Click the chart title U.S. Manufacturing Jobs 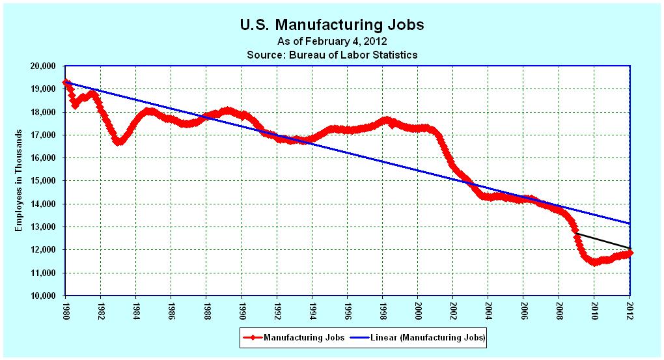(332, 25)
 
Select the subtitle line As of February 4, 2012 (332, 42)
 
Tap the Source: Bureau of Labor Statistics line (332, 55)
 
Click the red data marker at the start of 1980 (65, 82)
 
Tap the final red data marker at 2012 (629, 253)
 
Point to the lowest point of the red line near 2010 (594, 262)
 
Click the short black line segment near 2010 (602, 240)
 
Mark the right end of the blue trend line (629, 223)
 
